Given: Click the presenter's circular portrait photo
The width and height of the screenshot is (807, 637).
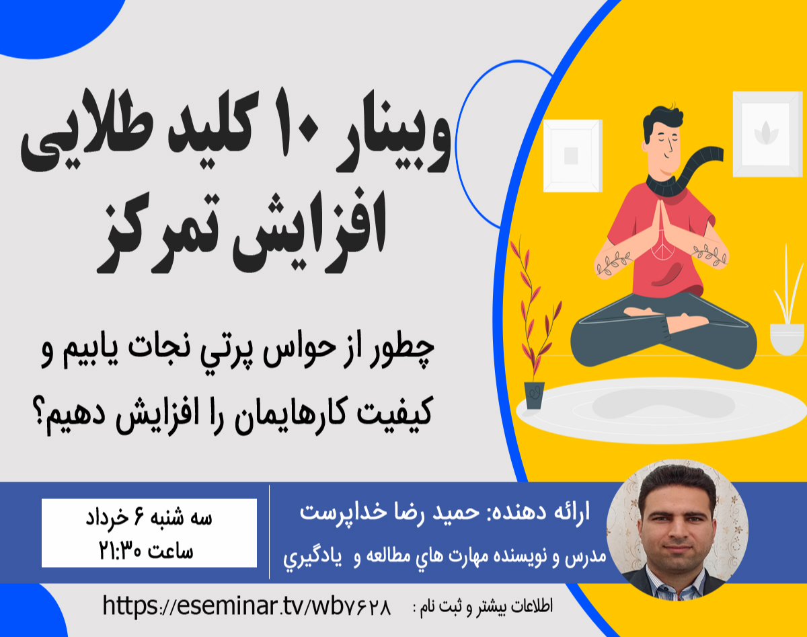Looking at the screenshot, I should (677, 531).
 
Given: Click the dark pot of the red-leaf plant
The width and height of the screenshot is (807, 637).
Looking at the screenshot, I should (535, 394).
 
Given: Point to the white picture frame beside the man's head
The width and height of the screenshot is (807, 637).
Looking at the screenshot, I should (572, 155).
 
